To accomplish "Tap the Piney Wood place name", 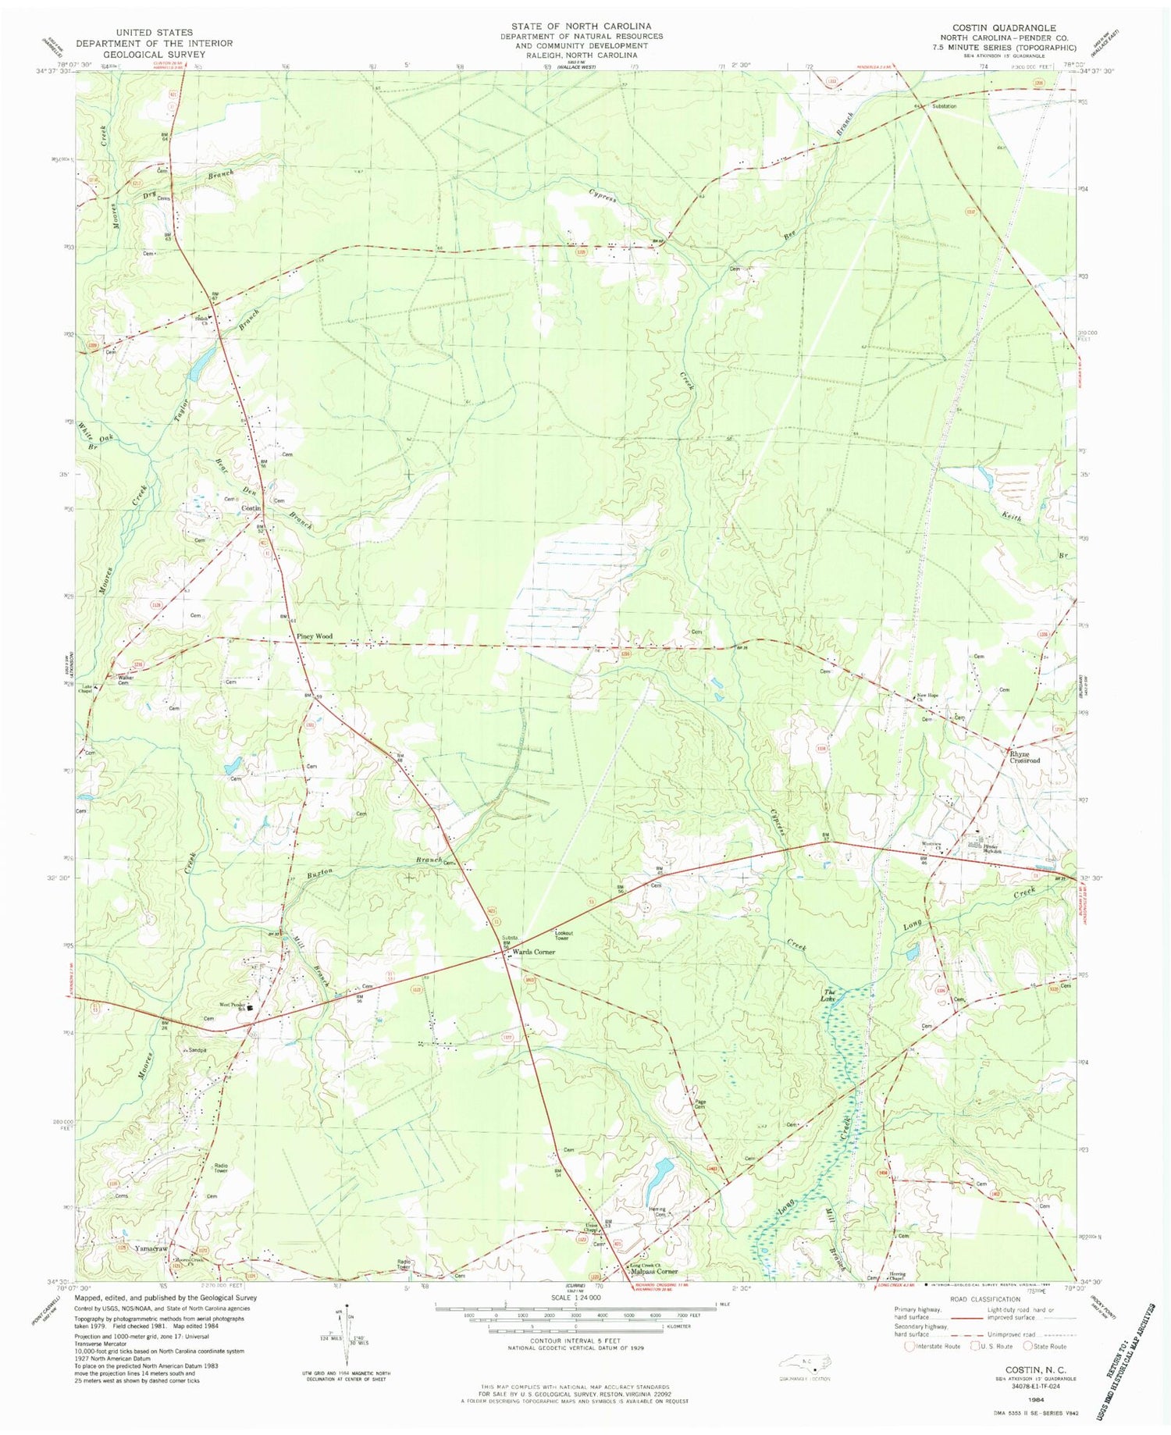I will (x=315, y=636).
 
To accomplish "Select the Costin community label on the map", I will (x=251, y=508).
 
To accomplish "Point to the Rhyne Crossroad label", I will (x=1025, y=757).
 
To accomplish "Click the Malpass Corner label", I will (x=653, y=1271).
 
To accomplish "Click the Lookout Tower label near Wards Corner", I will (x=564, y=935).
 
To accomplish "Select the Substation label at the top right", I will (x=944, y=106).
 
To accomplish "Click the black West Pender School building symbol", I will (x=251, y=1008).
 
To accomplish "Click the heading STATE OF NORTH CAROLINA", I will (x=582, y=27).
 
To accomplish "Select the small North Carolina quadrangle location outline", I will (x=804, y=1362).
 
